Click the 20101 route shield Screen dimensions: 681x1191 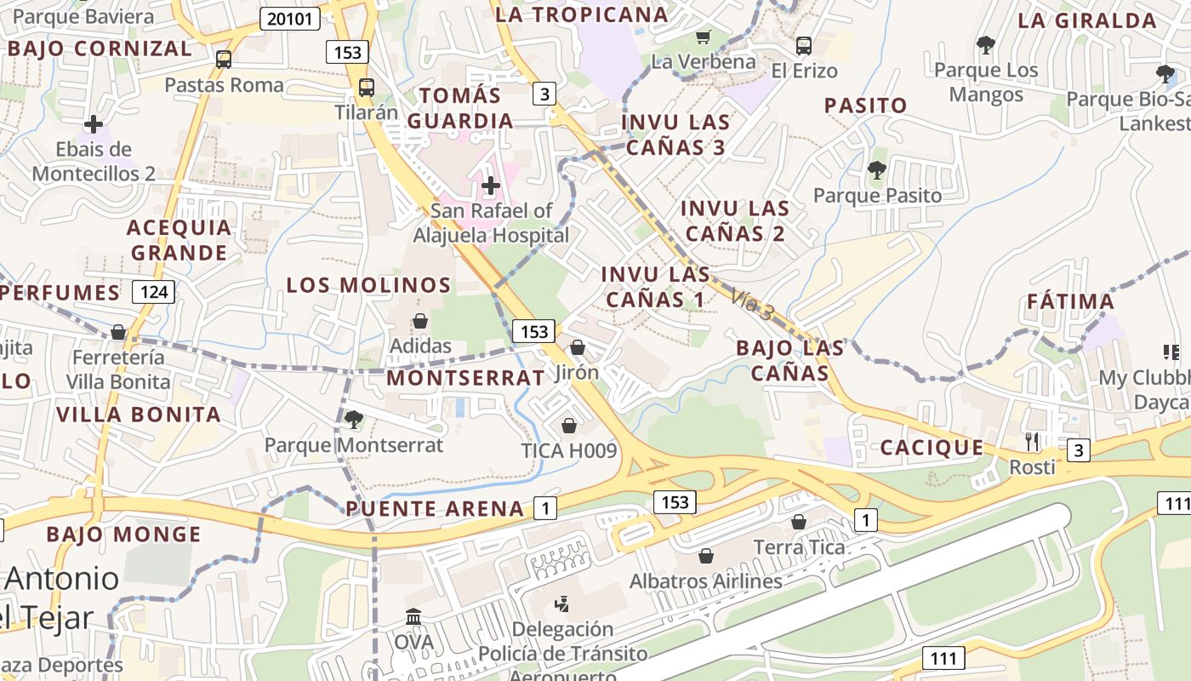(290, 19)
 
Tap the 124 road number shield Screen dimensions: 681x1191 (154, 293)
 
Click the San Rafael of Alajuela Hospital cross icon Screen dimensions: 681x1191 (491, 185)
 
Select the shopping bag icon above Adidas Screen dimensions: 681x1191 (419, 321)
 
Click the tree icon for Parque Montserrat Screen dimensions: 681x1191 (353, 419)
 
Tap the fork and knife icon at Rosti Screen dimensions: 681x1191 (1032, 441)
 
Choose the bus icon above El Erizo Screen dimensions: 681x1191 (804, 45)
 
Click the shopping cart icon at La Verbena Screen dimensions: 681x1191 (703, 37)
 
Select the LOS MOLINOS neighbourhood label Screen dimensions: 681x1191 (368, 285)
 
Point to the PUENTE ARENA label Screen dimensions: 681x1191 (435, 509)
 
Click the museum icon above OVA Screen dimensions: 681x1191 (413, 616)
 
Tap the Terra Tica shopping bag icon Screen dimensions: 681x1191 (799, 521)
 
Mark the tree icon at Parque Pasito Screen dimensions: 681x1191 (876, 170)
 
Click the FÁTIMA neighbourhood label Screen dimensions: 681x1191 (1070, 302)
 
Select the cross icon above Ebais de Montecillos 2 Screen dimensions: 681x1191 (94, 125)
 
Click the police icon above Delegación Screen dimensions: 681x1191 (561, 605)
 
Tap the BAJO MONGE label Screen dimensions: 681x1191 (123, 535)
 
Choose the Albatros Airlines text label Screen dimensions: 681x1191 (705, 581)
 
